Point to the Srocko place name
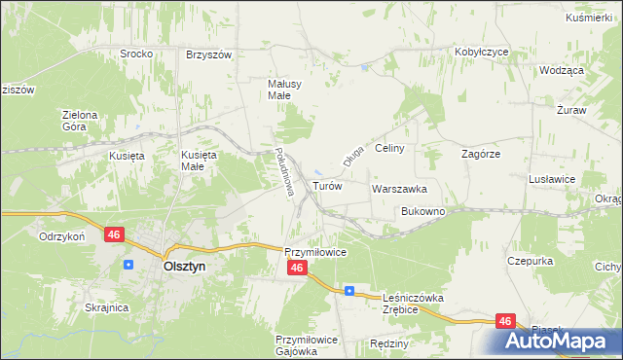tap(136, 54)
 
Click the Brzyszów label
tap(208, 54)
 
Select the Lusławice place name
tap(552, 179)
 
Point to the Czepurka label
tap(531, 261)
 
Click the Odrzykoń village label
tap(63, 236)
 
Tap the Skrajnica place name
tap(107, 307)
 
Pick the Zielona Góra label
tap(81, 120)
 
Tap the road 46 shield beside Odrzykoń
tap(115, 234)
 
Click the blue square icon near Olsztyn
tap(128, 264)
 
